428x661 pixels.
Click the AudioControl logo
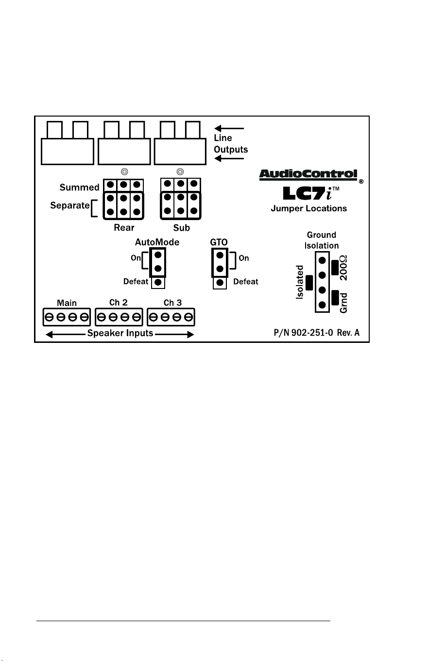pos(308,175)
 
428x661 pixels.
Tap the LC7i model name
pos(311,193)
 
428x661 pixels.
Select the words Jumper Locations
pos(309,208)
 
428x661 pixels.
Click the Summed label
pos(79,187)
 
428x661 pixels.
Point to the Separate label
pos(70,205)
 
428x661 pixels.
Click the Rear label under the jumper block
pos(124,227)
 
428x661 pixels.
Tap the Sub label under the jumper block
pos(181,228)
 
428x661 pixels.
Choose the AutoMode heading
pos(157,242)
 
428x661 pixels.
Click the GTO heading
pos(219,242)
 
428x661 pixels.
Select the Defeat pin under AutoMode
pos(158,282)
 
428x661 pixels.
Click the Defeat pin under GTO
pos(220,283)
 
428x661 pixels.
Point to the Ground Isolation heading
pos(322,240)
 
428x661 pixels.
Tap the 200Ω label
pos(343,268)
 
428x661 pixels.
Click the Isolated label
pos(300,282)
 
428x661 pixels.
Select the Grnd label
pos(343,303)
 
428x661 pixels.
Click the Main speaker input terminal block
pos(67,317)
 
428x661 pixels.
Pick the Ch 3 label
pos(172,303)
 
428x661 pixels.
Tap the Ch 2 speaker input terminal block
pos(119,317)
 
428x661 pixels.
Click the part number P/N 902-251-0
pos(304,333)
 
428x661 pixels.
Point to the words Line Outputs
pos(231,144)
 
